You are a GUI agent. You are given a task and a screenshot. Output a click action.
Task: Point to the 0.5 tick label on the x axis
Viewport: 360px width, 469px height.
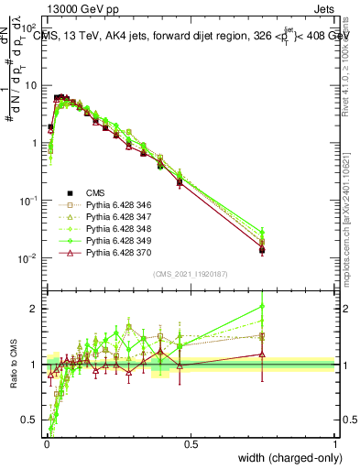click(x=191, y=444)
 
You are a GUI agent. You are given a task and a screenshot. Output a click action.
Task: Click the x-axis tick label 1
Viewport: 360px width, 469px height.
click(x=335, y=444)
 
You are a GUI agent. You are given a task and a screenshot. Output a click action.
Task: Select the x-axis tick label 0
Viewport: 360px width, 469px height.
click(x=46, y=444)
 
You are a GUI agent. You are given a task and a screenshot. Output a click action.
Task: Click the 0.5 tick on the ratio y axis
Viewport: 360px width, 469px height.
click(x=32, y=420)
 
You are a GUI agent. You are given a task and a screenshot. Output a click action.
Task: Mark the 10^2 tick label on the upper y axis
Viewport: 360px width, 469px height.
click(x=30, y=27)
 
